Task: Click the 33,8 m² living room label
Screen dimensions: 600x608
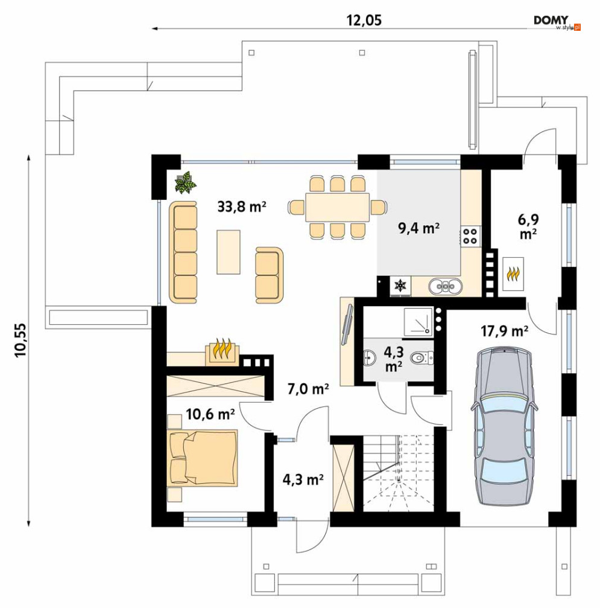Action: [x=241, y=206]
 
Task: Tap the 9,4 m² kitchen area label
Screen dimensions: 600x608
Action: [x=418, y=228]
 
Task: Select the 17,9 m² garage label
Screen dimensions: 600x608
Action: [x=504, y=331]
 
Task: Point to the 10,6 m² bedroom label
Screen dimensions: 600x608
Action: [x=210, y=414]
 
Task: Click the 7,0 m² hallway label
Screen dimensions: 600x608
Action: [x=308, y=388]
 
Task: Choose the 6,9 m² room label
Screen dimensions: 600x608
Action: [x=528, y=226]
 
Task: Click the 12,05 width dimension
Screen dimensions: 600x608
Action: [x=364, y=20]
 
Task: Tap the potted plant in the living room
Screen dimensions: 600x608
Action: [x=186, y=182]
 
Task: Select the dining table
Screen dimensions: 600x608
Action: [x=337, y=207]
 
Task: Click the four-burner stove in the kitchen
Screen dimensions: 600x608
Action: [x=470, y=235]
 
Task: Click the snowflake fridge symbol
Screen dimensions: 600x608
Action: [x=400, y=286]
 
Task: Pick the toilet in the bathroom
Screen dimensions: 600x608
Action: [x=422, y=357]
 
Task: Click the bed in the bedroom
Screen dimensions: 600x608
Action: [x=202, y=458]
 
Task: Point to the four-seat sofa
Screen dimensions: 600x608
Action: [x=183, y=252]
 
